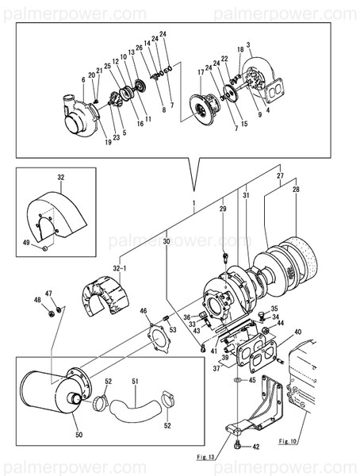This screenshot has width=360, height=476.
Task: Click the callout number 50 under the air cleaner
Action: pos(78,436)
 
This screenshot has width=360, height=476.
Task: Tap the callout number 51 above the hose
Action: pos(135,382)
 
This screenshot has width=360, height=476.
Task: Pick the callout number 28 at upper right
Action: pos(296,190)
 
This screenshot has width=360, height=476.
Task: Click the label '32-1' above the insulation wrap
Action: pos(121,269)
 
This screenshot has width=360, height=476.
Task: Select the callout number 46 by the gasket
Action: pos(144,312)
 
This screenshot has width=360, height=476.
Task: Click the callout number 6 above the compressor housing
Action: pos(82,80)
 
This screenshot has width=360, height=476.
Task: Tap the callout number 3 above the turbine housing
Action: pos(248,45)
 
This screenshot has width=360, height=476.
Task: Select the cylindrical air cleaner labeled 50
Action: pos(48,397)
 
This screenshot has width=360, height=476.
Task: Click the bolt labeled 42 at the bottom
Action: pos(238,446)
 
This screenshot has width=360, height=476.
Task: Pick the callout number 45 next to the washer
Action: pos(252,380)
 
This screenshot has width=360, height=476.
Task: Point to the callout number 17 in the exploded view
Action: pos(201,72)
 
